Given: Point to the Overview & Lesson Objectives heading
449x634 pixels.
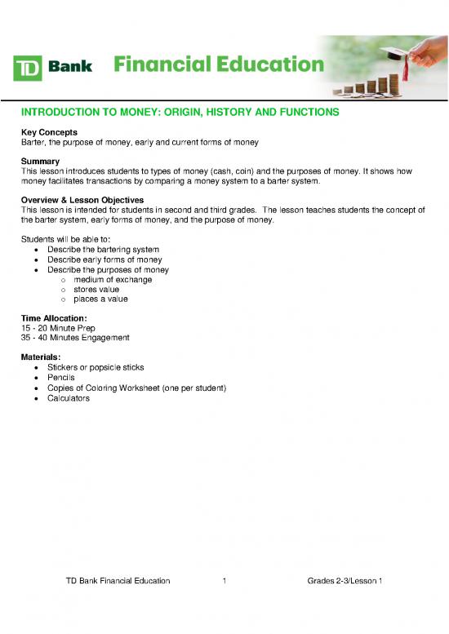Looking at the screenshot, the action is (x=82, y=201).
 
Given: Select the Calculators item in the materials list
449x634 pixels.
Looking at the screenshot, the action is (x=69, y=398).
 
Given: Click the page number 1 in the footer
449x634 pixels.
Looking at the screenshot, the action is (x=224, y=580).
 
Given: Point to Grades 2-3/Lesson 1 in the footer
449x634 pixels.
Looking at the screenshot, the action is (x=345, y=580).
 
